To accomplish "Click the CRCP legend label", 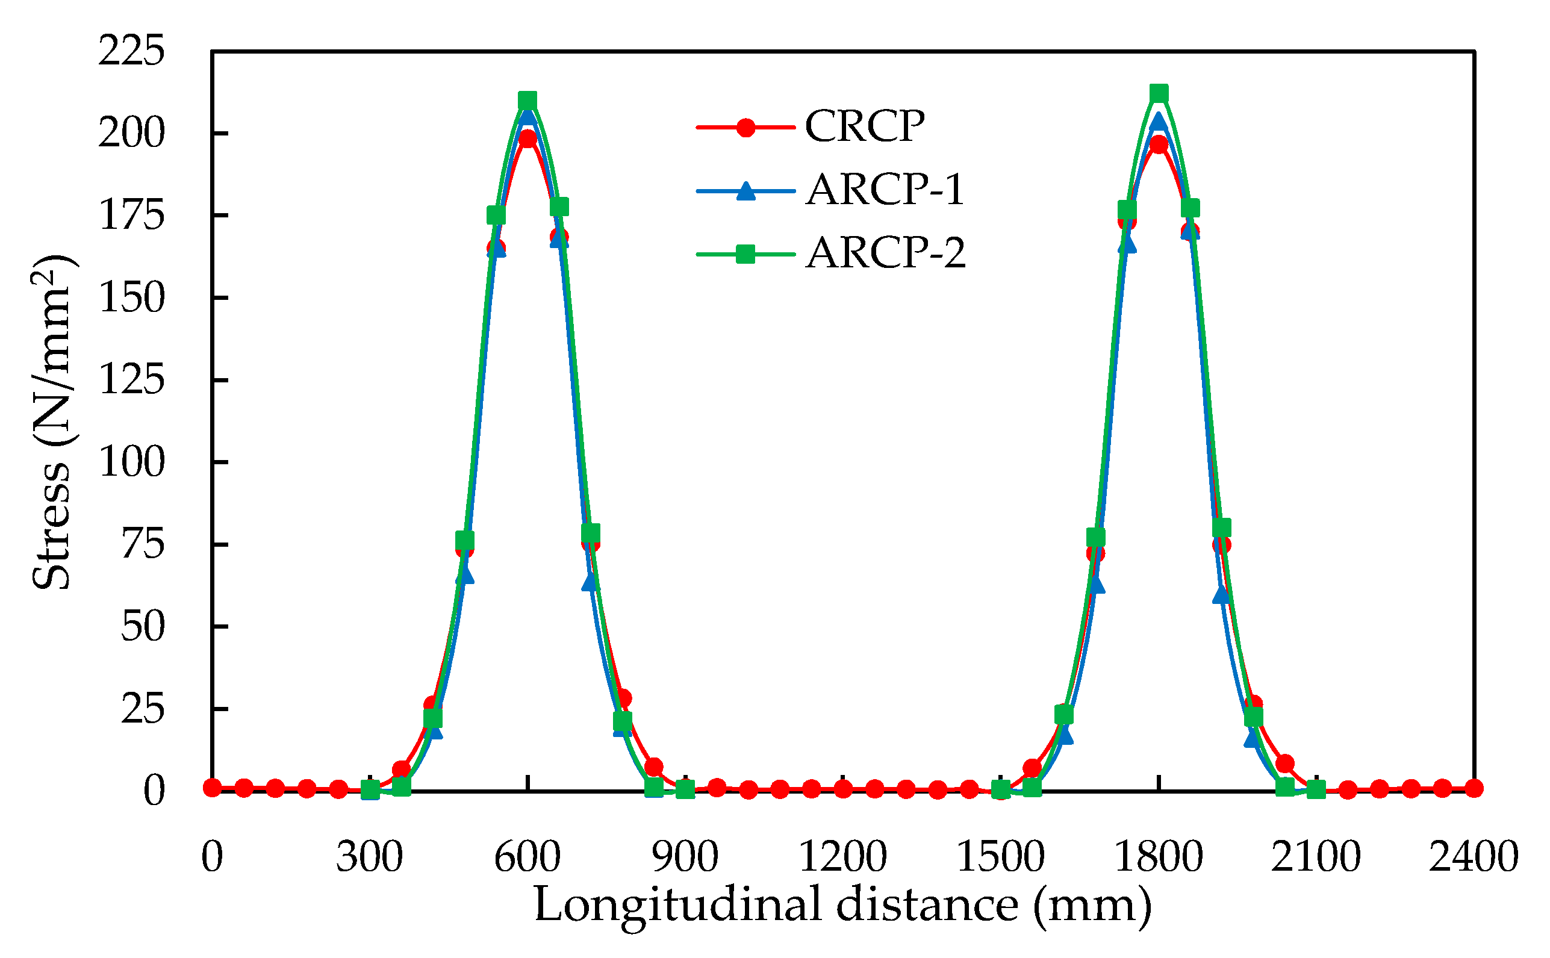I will pyautogui.click(x=864, y=126).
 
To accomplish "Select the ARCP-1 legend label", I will pyautogui.click(x=885, y=190).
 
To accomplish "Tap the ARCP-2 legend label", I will pyautogui.click(x=885, y=253).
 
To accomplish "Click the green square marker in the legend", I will pyautogui.click(x=746, y=255).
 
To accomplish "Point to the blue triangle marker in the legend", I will pyautogui.click(x=746, y=191).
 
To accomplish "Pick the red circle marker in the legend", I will pyautogui.click(x=746, y=128).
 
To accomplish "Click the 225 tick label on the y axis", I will pyautogui.click(x=131, y=51).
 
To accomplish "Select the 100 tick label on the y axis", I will pyautogui.click(x=131, y=462).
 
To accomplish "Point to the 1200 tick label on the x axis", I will pyautogui.click(x=842, y=857).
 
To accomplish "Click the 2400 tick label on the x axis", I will pyautogui.click(x=1474, y=857).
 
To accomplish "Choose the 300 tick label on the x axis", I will pyautogui.click(x=370, y=857).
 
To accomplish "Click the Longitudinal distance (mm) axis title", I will pyautogui.click(x=843, y=905).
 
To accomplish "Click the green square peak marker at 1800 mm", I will pyautogui.click(x=1159, y=94).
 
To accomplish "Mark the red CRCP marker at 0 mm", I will pyautogui.click(x=213, y=788).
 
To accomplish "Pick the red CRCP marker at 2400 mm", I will pyautogui.click(x=1474, y=788).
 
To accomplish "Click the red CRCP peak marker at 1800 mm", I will pyautogui.click(x=1159, y=145).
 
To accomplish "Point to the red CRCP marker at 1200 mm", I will pyautogui.click(x=843, y=789).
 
